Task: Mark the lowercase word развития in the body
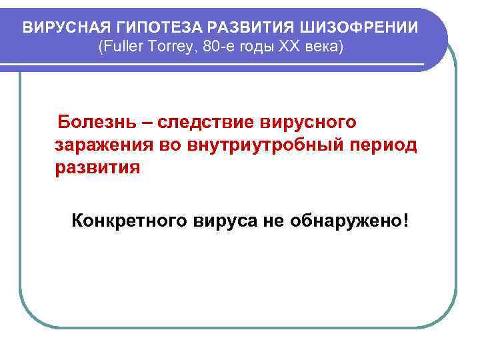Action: pos(97,167)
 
